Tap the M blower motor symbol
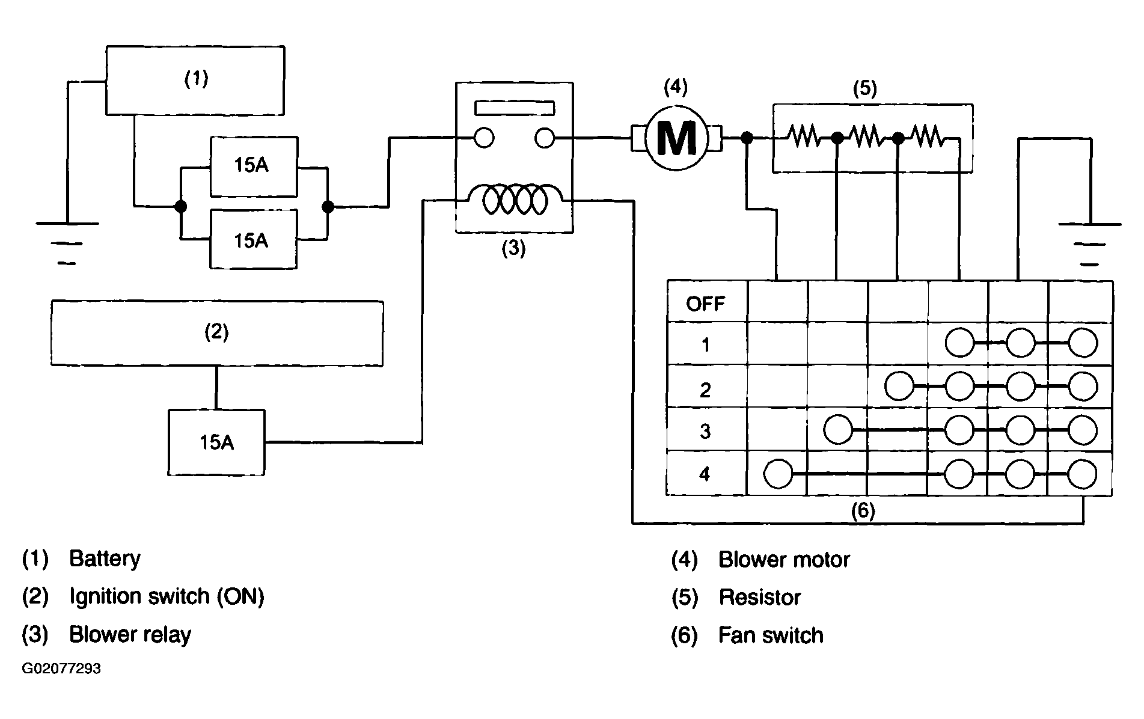coord(676,138)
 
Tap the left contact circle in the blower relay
coord(484,138)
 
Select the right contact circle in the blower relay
coord(544,138)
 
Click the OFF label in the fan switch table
coord(706,304)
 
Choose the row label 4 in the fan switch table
coord(705,474)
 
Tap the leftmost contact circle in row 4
coord(778,474)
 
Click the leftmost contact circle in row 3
coord(838,430)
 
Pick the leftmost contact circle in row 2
coord(899,387)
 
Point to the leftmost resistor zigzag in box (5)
coord(804,136)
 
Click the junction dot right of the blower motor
coord(747,138)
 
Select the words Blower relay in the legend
coord(130,635)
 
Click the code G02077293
coord(61,669)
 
